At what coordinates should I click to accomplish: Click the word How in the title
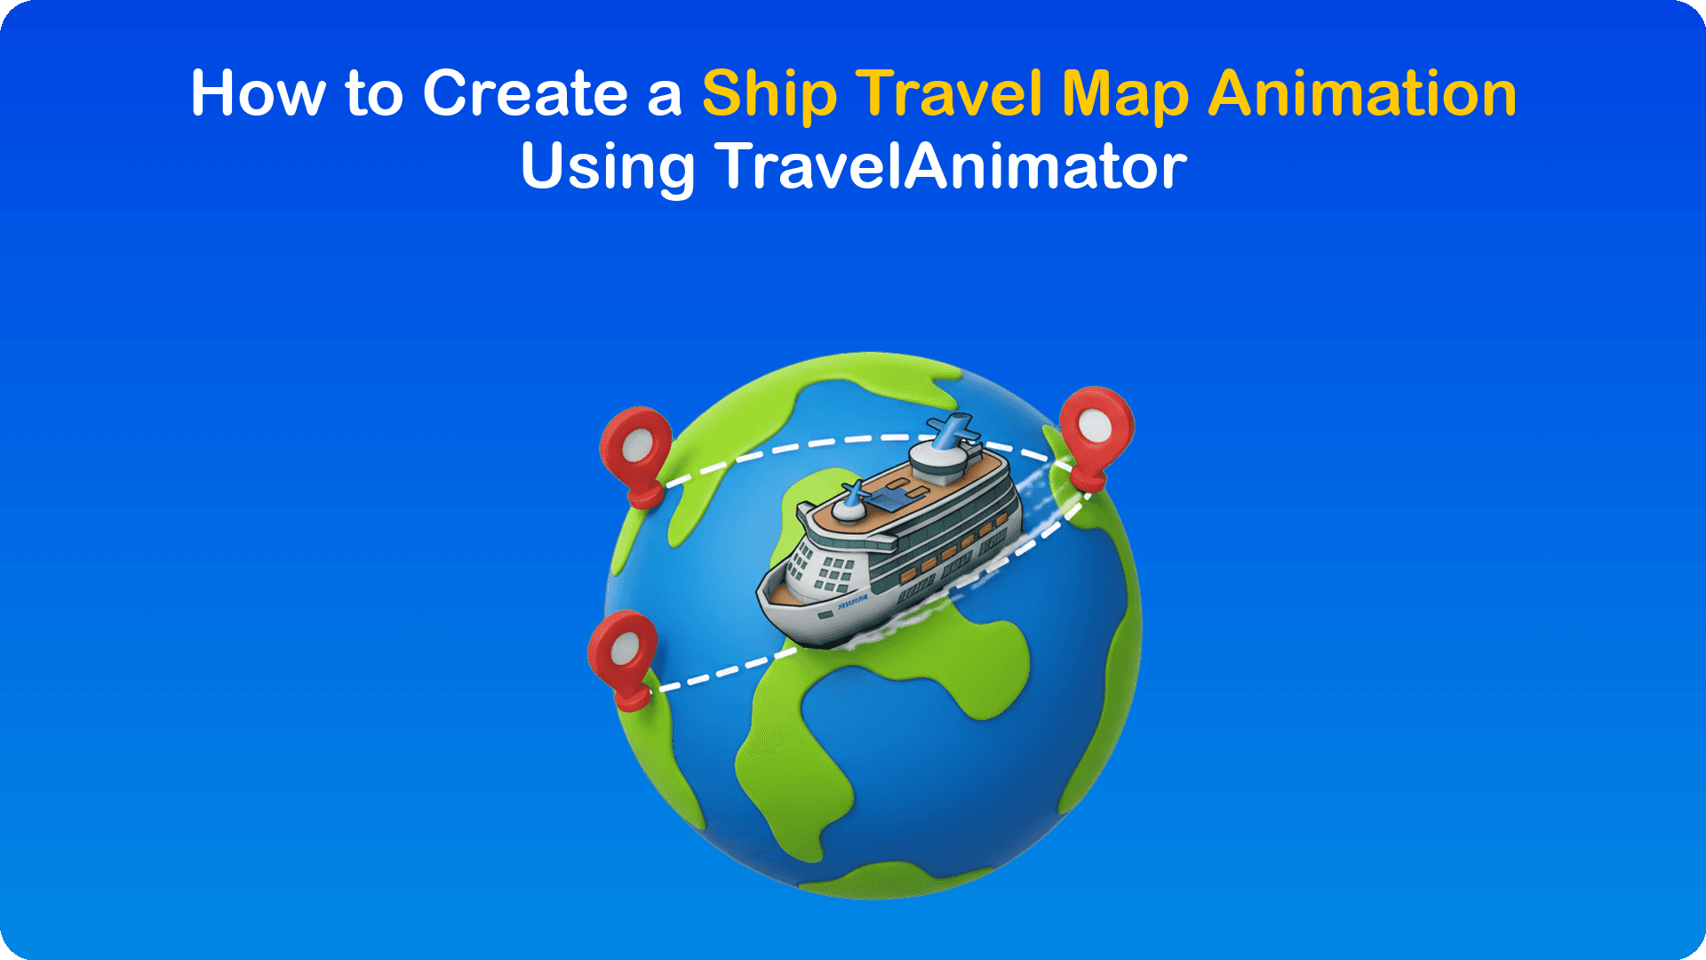click(259, 93)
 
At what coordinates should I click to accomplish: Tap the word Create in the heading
click(525, 93)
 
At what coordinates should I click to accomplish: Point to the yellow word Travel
click(950, 93)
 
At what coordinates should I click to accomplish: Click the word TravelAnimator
click(952, 166)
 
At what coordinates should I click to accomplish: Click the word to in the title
click(374, 93)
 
